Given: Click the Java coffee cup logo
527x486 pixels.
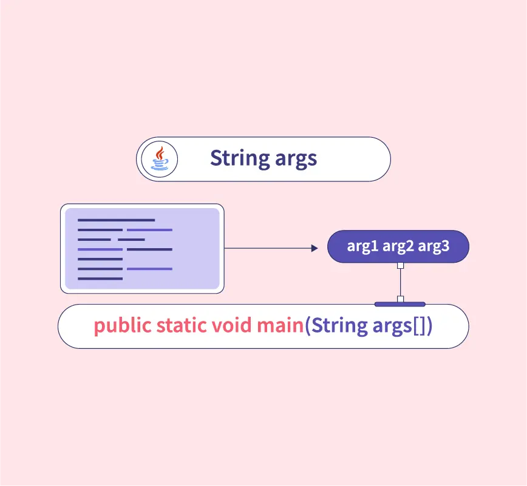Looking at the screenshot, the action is tap(160, 159).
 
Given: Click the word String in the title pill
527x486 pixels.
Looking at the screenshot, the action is tap(240, 158).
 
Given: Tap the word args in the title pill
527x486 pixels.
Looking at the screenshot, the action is tap(296, 160).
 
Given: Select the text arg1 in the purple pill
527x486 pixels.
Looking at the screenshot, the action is tap(362, 247).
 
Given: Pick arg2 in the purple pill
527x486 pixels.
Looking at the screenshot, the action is tap(398, 247).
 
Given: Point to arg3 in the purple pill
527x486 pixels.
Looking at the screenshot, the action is tap(433, 247).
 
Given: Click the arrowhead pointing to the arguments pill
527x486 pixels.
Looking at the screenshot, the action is tap(314, 248).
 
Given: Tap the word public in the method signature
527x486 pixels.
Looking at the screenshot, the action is tap(123, 326).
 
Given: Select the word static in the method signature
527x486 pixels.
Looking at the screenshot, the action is tap(182, 325).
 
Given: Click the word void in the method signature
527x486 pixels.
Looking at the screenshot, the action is tap(231, 325).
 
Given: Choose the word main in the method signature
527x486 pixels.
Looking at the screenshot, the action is tap(280, 325).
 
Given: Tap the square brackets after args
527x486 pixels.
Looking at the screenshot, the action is tap(419, 326).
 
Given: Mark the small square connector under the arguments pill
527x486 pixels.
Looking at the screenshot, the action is tap(400, 266).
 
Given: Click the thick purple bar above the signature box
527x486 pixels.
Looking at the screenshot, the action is tap(400, 305).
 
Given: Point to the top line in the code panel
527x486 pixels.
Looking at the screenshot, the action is tap(117, 220).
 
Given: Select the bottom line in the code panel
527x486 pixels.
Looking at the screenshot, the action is tap(100, 278).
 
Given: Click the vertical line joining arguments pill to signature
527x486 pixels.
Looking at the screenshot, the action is tap(400, 283).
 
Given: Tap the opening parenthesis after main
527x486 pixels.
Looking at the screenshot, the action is tap(308, 326).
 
